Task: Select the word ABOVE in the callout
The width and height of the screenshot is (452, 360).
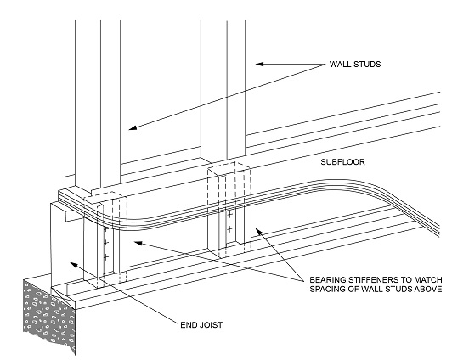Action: tap(424, 290)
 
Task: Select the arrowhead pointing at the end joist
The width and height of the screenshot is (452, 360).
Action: tap(74, 264)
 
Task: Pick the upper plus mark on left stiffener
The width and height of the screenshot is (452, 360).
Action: tap(105, 245)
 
